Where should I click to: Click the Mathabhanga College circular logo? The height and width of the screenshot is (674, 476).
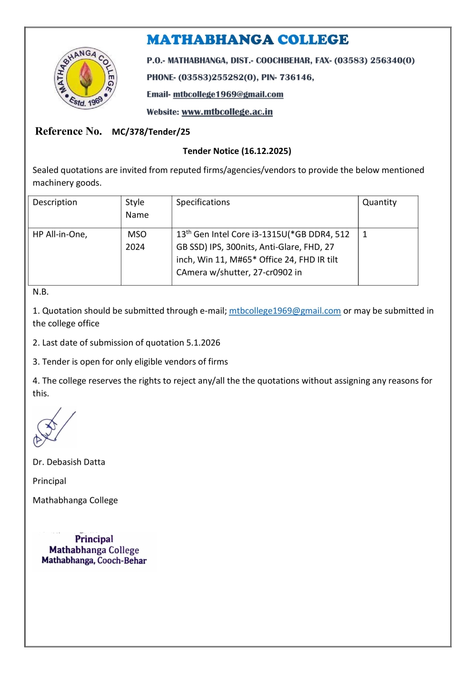pos(86,78)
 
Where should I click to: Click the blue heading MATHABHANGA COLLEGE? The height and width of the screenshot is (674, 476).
pos(248,40)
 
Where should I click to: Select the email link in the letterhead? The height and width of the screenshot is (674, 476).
pos(228,94)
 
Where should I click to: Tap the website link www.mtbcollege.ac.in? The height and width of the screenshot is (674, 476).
pos(227,112)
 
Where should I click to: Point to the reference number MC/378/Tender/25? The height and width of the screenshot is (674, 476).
pos(151,132)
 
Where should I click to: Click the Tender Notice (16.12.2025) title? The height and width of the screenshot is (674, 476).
pos(237,151)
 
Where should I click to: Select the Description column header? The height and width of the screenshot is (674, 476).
pos(55,202)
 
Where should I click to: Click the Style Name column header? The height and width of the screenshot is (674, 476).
pos(137,208)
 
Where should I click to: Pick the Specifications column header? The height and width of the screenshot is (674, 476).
pos(203,202)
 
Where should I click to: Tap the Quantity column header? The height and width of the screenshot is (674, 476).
pos(379,202)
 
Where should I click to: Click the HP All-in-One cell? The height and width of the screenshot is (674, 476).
pos(60,235)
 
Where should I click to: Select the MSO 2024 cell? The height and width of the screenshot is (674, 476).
pos(137,241)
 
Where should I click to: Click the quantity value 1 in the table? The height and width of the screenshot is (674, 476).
pos(365,235)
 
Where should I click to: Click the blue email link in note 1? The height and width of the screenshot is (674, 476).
pos(285,311)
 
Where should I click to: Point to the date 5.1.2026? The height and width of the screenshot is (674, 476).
pos(203,343)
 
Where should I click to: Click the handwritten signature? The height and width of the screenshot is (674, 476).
pos(54,428)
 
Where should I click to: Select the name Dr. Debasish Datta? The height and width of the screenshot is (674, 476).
pos(69,462)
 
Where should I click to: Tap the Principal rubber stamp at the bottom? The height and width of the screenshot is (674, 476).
pos(94,550)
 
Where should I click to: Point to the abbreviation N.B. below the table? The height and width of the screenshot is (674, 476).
pos(40,292)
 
